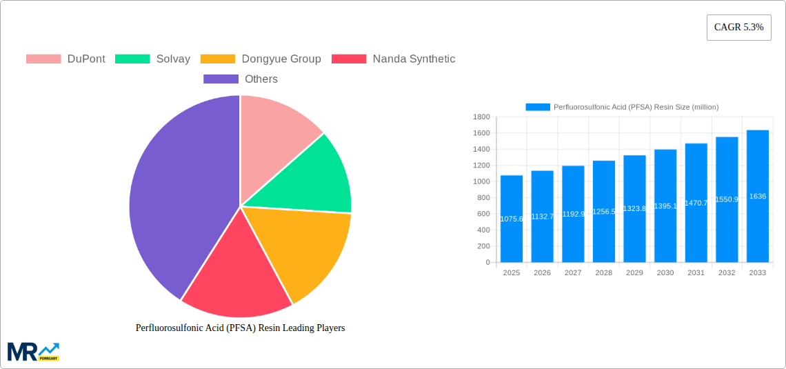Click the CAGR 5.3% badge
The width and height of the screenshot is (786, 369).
[x=738, y=28]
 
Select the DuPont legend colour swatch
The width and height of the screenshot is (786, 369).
[x=43, y=59]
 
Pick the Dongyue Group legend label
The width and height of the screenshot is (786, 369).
[x=281, y=59]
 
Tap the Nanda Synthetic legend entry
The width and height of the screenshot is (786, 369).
[x=414, y=59]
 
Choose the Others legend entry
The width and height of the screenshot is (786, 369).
[x=261, y=79]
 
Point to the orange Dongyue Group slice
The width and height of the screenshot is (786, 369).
[x=303, y=248]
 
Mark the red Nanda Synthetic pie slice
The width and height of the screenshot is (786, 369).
[x=234, y=276]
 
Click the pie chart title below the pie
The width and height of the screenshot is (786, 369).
[x=240, y=328]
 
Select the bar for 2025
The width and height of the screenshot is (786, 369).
[x=512, y=221]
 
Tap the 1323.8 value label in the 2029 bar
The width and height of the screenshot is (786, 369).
[x=634, y=208]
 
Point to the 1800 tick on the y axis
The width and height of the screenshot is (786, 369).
[x=481, y=117]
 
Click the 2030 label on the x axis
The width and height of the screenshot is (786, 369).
[x=665, y=273]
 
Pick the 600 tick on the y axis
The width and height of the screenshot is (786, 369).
[x=483, y=214]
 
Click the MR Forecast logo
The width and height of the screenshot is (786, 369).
[x=33, y=351]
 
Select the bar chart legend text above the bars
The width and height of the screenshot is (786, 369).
[x=636, y=107]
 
